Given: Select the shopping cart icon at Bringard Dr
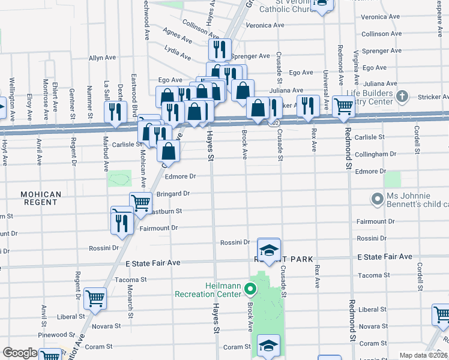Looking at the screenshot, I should pyautogui.click(x=140, y=202).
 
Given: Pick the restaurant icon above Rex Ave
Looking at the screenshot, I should pyautogui.click(x=308, y=105).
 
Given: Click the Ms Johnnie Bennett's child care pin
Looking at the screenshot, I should pyautogui.click(x=378, y=199).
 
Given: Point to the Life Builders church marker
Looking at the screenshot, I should pyautogui.click(x=402, y=96).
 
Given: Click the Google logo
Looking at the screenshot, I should pyautogui.click(x=19, y=353).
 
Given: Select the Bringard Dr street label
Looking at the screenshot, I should pyautogui.click(x=173, y=194).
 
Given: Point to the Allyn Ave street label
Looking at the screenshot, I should pyautogui.click(x=102, y=58).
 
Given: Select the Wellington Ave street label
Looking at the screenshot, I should pyautogui.click(x=11, y=99).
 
